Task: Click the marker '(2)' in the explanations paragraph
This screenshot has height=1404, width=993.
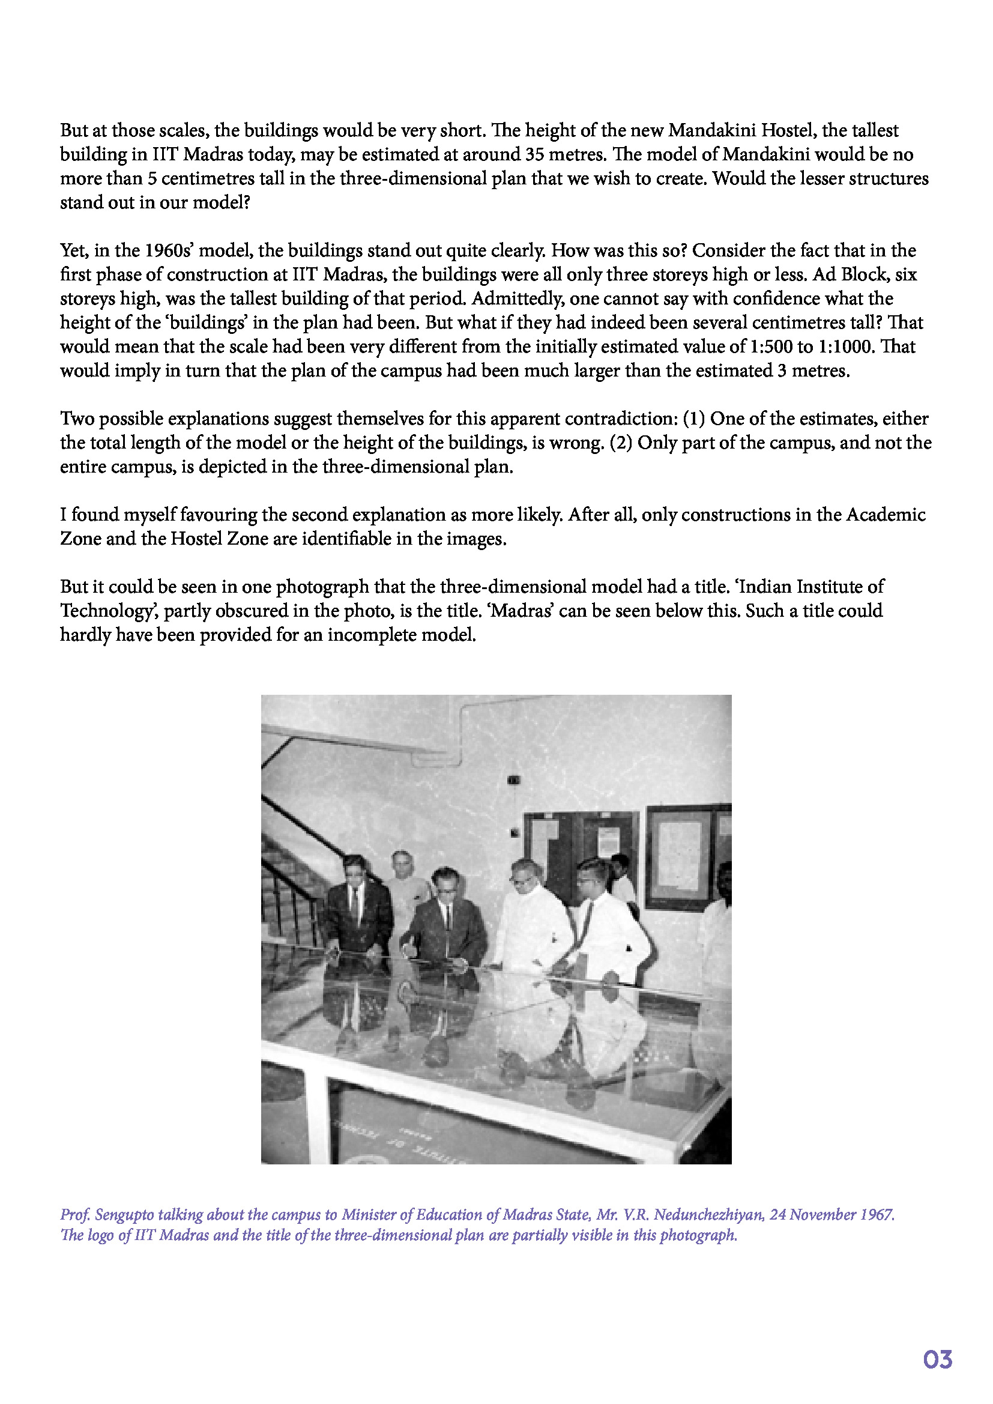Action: (x=621, y=443)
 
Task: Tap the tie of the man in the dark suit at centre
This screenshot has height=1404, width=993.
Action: (x=448, y=916)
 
